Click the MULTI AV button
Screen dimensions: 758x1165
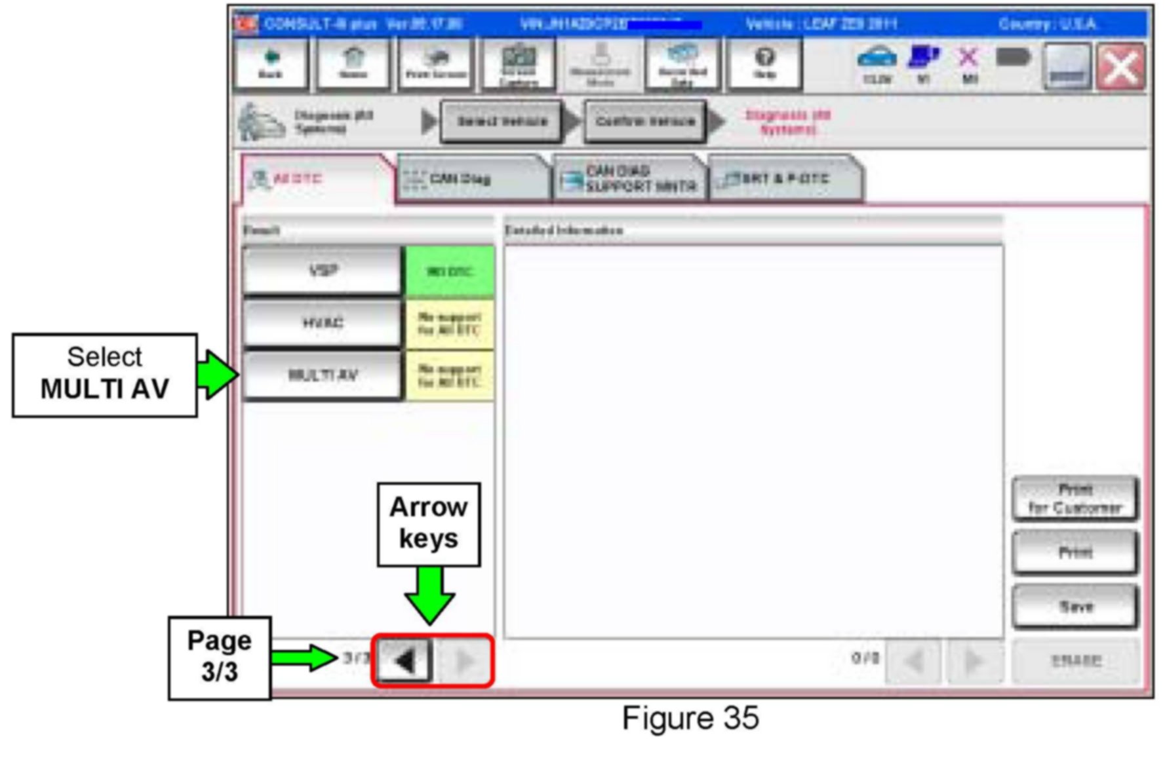pyautogui.click(x=322, y=375)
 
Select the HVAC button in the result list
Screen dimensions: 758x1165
pyautogui.click(x=322, y=323)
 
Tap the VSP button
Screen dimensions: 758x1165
pyautogui.click(x=322, y=271)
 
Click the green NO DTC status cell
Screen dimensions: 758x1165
pyautogui.click(x=450, y=271)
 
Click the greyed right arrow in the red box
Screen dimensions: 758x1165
pyautogui.click(x=464, y=661)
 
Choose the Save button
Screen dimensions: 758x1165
pyautogui.click(x=1075, y=607)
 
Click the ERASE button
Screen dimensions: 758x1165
pyautogui.click(x=1075, y=660)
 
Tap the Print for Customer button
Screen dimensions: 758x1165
pyautogui.click(x=1075, y=499)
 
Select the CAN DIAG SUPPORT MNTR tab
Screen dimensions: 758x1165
pyautogui.click(x=629, y=179)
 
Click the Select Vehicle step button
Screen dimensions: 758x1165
pyautogui.click(x=502, y=121)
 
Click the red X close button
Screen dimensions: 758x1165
pyautogui.click(x=1121, y=67)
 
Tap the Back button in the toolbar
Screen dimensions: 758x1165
pyautogui.click(x=271, y=64)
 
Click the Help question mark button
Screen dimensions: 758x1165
pyautogui.click(x=765, y=64)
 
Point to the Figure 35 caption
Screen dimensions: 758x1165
pyautogui.click(x=690, y=718)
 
